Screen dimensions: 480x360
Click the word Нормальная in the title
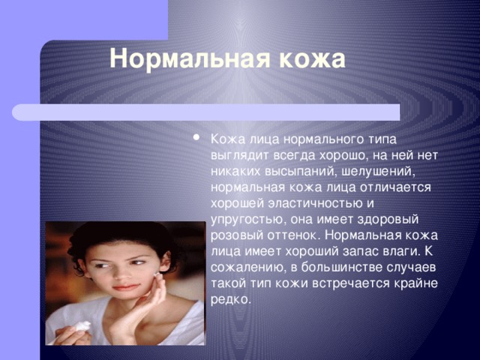pyautogui.click(x=190, y=58)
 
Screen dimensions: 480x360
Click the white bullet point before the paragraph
pyautogui.click(x=196, y=137)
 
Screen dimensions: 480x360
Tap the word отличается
pyautogui.click(x=395, y=187)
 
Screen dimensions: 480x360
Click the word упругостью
pyautogui.click(x=248, y=220)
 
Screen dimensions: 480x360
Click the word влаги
pyautogui.click(x=401, y=252)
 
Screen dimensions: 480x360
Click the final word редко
pyautogui.click(x=231, y=300)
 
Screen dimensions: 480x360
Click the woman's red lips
pyautogui.click(x=125, y=287)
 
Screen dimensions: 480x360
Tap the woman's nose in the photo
pyautogui.click(x=122, y=272)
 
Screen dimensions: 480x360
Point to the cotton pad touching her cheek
pyautogui.click(x=158, y=275)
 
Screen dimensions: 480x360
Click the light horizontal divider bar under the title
pyautogui.click(x=206, y=112)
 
